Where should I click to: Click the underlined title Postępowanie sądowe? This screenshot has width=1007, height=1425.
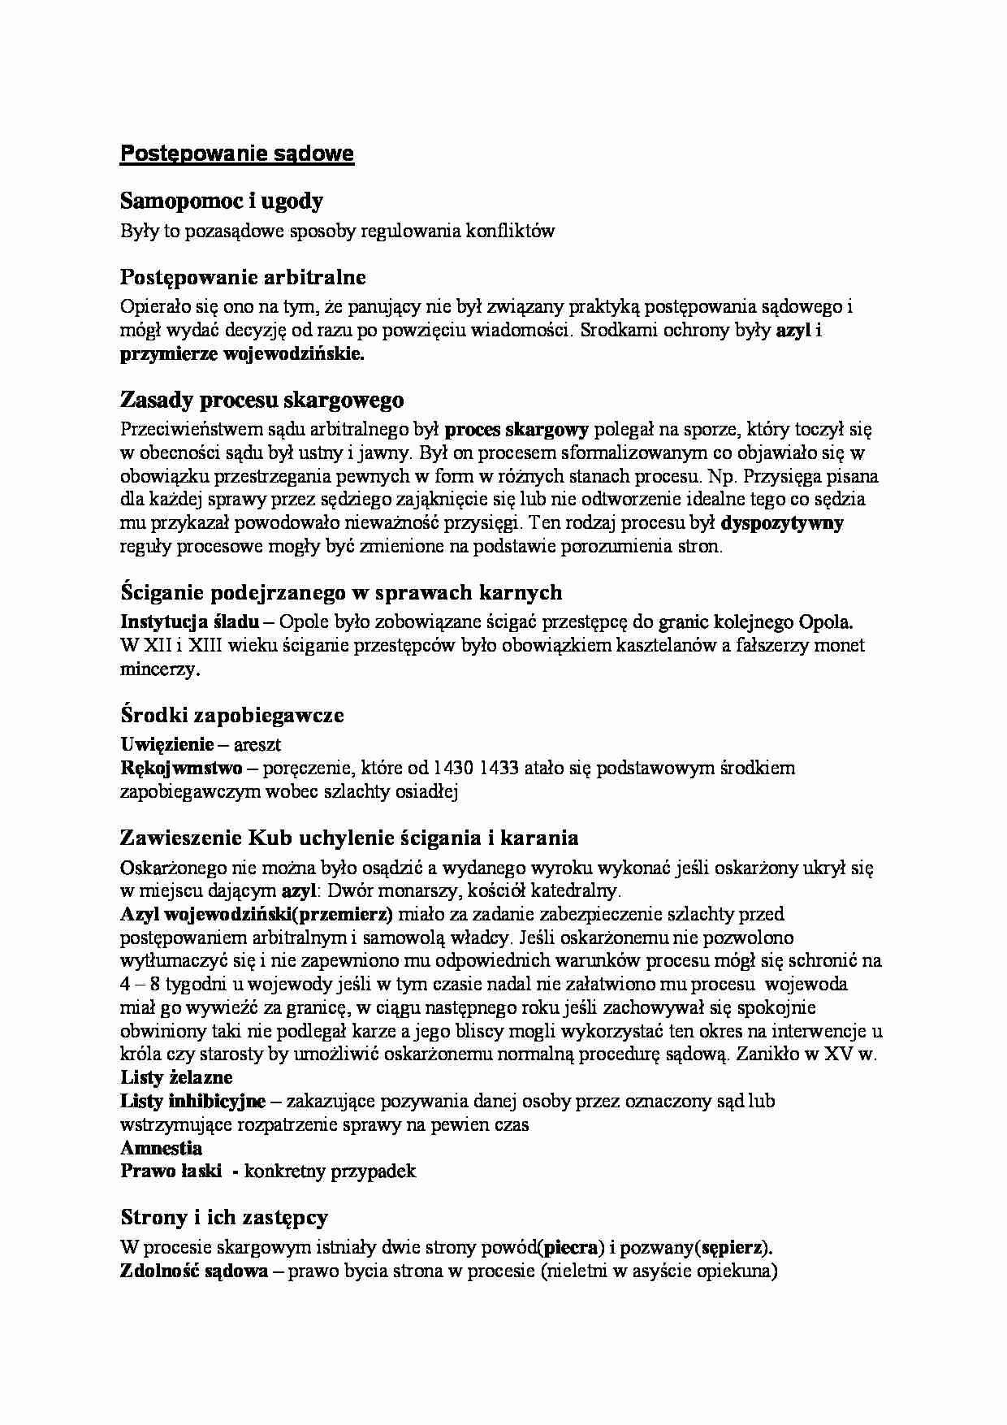[236, 154]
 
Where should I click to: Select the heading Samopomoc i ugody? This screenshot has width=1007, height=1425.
[222, 201]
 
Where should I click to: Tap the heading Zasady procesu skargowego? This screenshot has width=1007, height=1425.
[261, 401]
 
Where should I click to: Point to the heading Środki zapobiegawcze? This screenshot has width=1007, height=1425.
[231, 716]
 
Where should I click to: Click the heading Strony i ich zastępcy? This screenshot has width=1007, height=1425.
[224, 1218]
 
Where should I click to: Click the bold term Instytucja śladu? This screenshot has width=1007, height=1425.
[190, 622]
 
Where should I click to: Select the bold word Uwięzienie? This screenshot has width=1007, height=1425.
[167, 744]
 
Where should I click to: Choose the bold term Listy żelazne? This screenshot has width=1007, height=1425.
[176, 1078]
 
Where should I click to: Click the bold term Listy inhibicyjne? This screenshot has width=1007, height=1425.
[192, 1102]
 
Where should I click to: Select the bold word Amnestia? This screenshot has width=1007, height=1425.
[161, 1148]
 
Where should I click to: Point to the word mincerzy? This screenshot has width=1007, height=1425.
[158, 670]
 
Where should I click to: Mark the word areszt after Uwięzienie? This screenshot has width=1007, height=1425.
[257, 744]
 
